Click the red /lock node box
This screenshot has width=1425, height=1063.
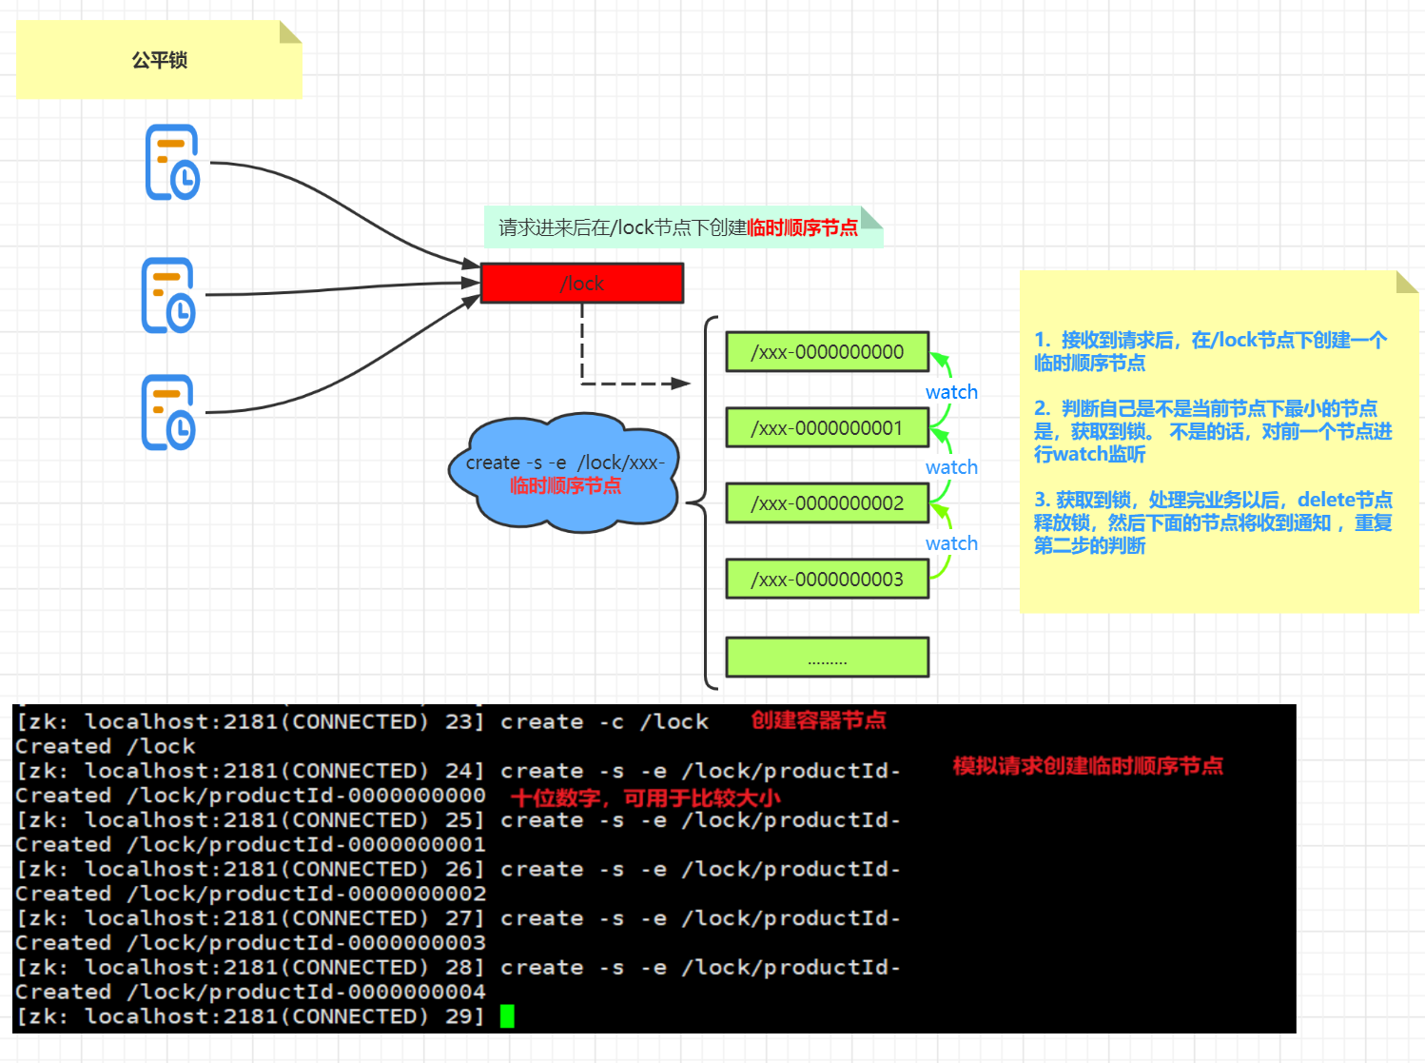point(581,284)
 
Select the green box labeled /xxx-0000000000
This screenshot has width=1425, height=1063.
point(827,352)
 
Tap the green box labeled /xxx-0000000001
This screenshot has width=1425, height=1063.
point(827,428)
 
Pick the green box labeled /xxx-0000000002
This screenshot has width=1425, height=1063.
point(827,503)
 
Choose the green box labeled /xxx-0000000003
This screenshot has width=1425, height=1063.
point(827,579)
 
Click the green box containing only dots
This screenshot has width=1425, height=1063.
point(827,658)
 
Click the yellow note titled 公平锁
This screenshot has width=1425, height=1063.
point(159,60)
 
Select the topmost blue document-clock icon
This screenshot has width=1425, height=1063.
point(172,163)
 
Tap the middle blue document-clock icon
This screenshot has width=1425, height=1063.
point(168,295)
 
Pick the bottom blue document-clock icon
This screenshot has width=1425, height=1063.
point(168,412)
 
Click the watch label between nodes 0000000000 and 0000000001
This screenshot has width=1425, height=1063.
point(951,392)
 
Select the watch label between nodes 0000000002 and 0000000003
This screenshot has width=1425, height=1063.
point(951,543)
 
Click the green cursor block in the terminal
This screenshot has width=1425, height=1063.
point(507,1016)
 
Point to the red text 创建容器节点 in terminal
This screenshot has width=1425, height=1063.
point(819,720)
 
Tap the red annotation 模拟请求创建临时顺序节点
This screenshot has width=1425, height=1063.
point(1088,766)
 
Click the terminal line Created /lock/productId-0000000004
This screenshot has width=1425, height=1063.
point(250,992)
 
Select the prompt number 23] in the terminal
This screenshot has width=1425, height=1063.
point(465,721)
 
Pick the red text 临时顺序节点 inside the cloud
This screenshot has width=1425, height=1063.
point(565,485)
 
